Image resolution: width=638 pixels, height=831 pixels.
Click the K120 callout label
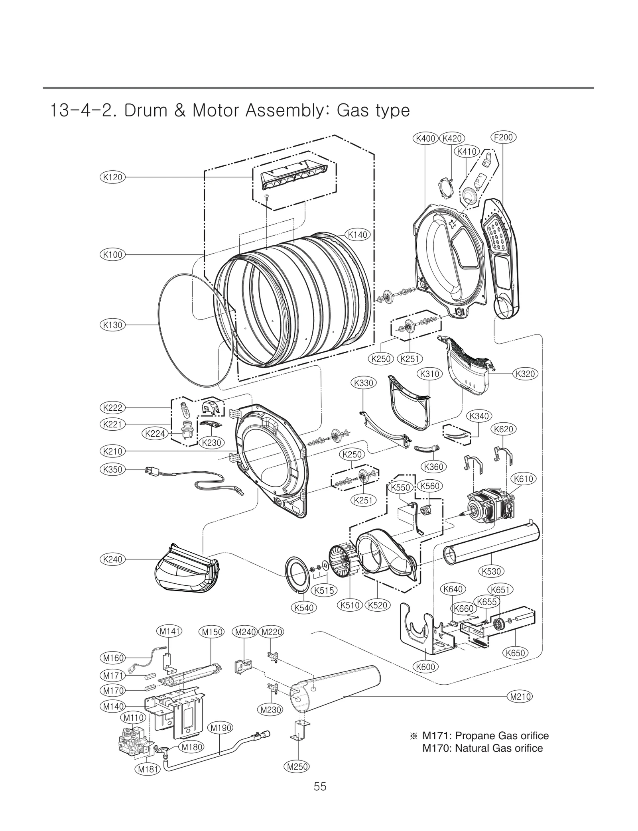112,177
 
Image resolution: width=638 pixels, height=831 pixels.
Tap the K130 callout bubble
112,325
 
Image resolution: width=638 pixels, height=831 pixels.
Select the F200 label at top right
503,138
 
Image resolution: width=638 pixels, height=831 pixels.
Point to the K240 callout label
112,559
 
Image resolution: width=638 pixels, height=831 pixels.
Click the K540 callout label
304,608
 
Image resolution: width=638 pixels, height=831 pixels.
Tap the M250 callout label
297,766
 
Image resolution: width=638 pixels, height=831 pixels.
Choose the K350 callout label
112,469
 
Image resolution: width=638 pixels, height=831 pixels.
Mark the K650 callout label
515,653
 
